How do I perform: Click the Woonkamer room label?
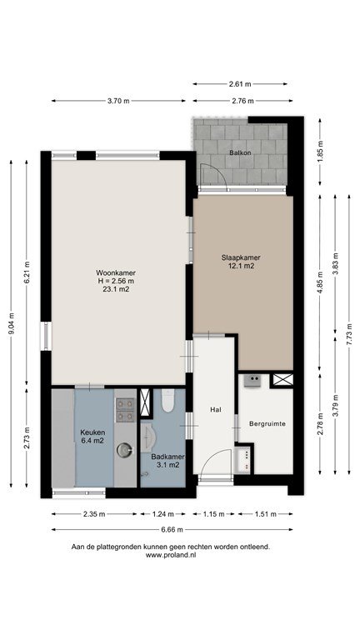point(116,272)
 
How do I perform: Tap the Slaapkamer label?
point(241,257)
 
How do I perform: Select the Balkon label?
point(240,152)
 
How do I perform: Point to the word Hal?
point(216,410)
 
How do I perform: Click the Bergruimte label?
point(267,423)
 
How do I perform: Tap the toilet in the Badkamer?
point(168,400)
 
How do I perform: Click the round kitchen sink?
point(125,450)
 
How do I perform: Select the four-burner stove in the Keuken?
point(125,410)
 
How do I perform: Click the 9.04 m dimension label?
point(12,323)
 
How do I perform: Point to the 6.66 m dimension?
point(172,530)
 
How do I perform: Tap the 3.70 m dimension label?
point(118,101)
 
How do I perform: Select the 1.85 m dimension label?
point(320,151)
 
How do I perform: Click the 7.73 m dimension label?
point(349,334)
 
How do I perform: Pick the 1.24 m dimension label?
point(162,514)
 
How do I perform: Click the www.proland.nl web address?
point(171,555)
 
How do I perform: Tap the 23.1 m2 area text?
point(116,289)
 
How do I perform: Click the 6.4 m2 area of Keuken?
point(92,440)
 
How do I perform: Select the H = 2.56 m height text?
point(116,281)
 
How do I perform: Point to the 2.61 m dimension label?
point(240,84)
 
